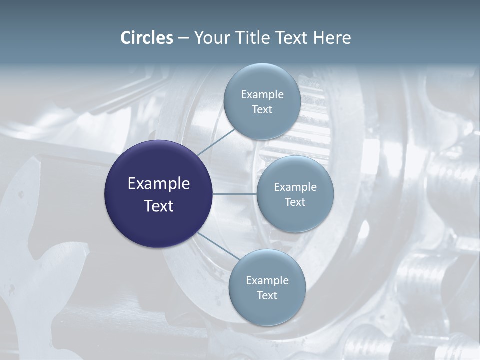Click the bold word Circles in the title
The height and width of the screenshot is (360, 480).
(x=147, y=38)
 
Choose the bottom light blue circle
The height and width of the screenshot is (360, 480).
(x=267, y=312)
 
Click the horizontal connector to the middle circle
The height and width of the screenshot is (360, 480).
(x=234, y=193)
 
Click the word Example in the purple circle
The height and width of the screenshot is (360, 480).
(x=158, y=183)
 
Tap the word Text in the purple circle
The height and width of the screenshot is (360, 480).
(x=158, y=205)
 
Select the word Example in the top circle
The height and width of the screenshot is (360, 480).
(x=262, y=94)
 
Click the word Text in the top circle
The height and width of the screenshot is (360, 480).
(x=262, y=109)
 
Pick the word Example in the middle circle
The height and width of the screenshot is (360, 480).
(x=295, y=187)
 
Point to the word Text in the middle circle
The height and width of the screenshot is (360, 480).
(x=295, y=202)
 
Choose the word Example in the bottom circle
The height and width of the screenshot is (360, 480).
(x=267, y=280)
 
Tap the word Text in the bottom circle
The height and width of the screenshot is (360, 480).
(x=267, y=295)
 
